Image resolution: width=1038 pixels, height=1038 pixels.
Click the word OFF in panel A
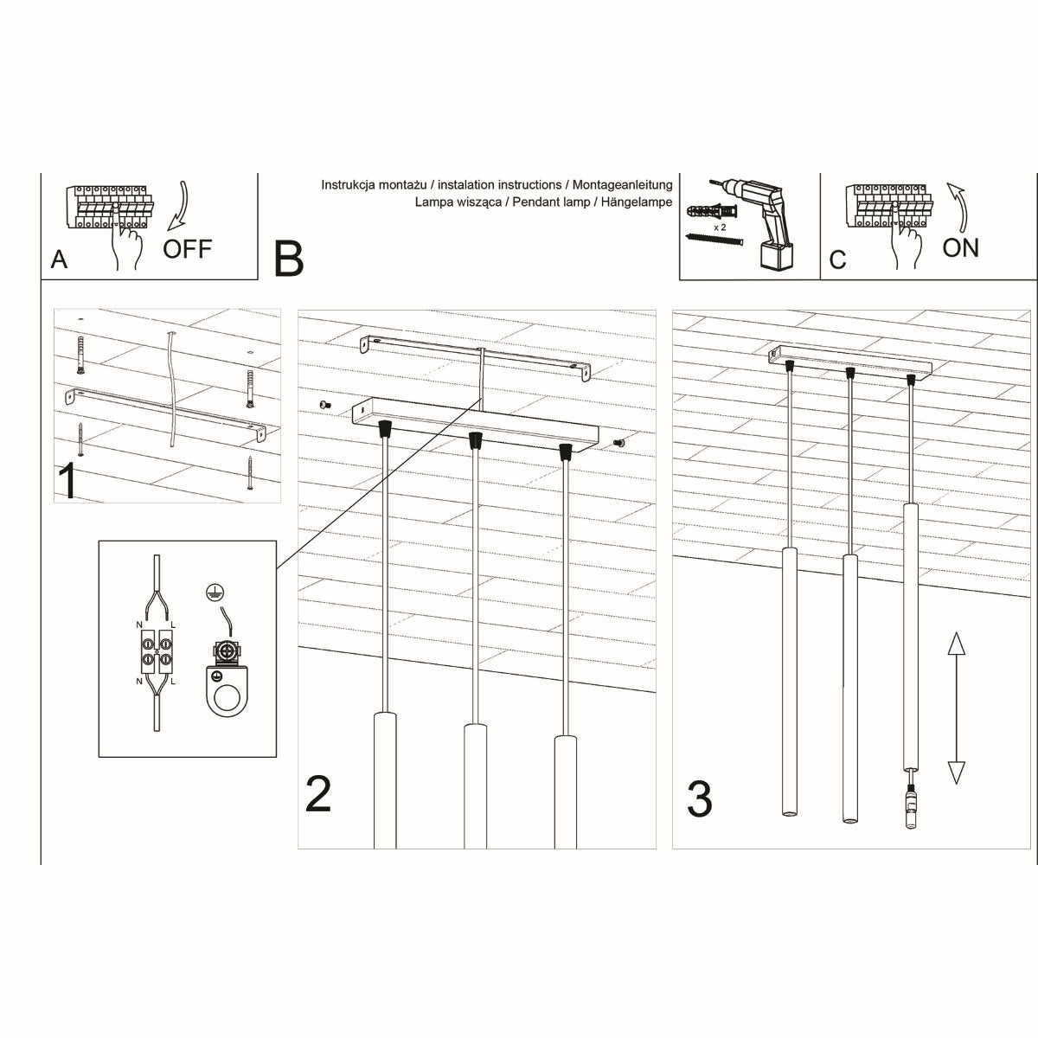(187, 249)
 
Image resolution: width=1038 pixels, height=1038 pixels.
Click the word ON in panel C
(960, 248)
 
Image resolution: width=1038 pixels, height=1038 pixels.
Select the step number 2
(317, 794)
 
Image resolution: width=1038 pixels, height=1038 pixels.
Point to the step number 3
(699, 798)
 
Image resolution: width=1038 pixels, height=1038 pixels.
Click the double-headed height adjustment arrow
(955, 708)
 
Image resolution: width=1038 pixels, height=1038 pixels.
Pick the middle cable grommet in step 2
(474, 440)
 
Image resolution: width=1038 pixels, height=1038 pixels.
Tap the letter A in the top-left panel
(59, 259)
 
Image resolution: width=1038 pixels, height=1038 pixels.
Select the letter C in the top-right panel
(837, 259)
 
